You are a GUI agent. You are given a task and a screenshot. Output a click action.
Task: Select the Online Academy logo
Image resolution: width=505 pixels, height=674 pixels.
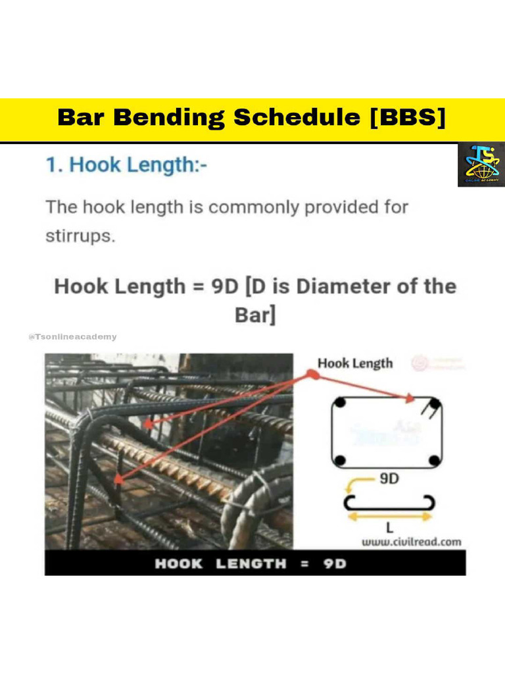pos(481,164)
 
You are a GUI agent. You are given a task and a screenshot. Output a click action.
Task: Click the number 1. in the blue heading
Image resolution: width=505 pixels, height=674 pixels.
pos(54,165)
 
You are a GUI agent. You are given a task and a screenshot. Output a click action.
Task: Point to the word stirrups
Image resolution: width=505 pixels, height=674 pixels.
pos(80,236)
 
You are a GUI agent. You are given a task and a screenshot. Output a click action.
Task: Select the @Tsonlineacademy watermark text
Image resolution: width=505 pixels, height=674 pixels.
pos(72,337)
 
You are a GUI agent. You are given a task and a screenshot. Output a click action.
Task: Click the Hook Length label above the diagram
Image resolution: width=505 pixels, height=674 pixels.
pos(354,363)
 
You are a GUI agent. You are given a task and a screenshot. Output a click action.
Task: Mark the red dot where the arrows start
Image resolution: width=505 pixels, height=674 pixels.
pos(314,374)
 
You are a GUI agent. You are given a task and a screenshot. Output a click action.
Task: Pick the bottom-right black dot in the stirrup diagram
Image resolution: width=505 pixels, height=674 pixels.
pos(435,460)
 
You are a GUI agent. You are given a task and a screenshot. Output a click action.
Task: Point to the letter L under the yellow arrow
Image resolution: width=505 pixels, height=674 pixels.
pos(390,529)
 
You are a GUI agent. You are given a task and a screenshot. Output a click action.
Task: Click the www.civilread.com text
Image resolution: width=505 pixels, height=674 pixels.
pos(412,542)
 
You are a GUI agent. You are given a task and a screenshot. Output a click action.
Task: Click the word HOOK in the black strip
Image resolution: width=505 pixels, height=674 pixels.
pos(178,564)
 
